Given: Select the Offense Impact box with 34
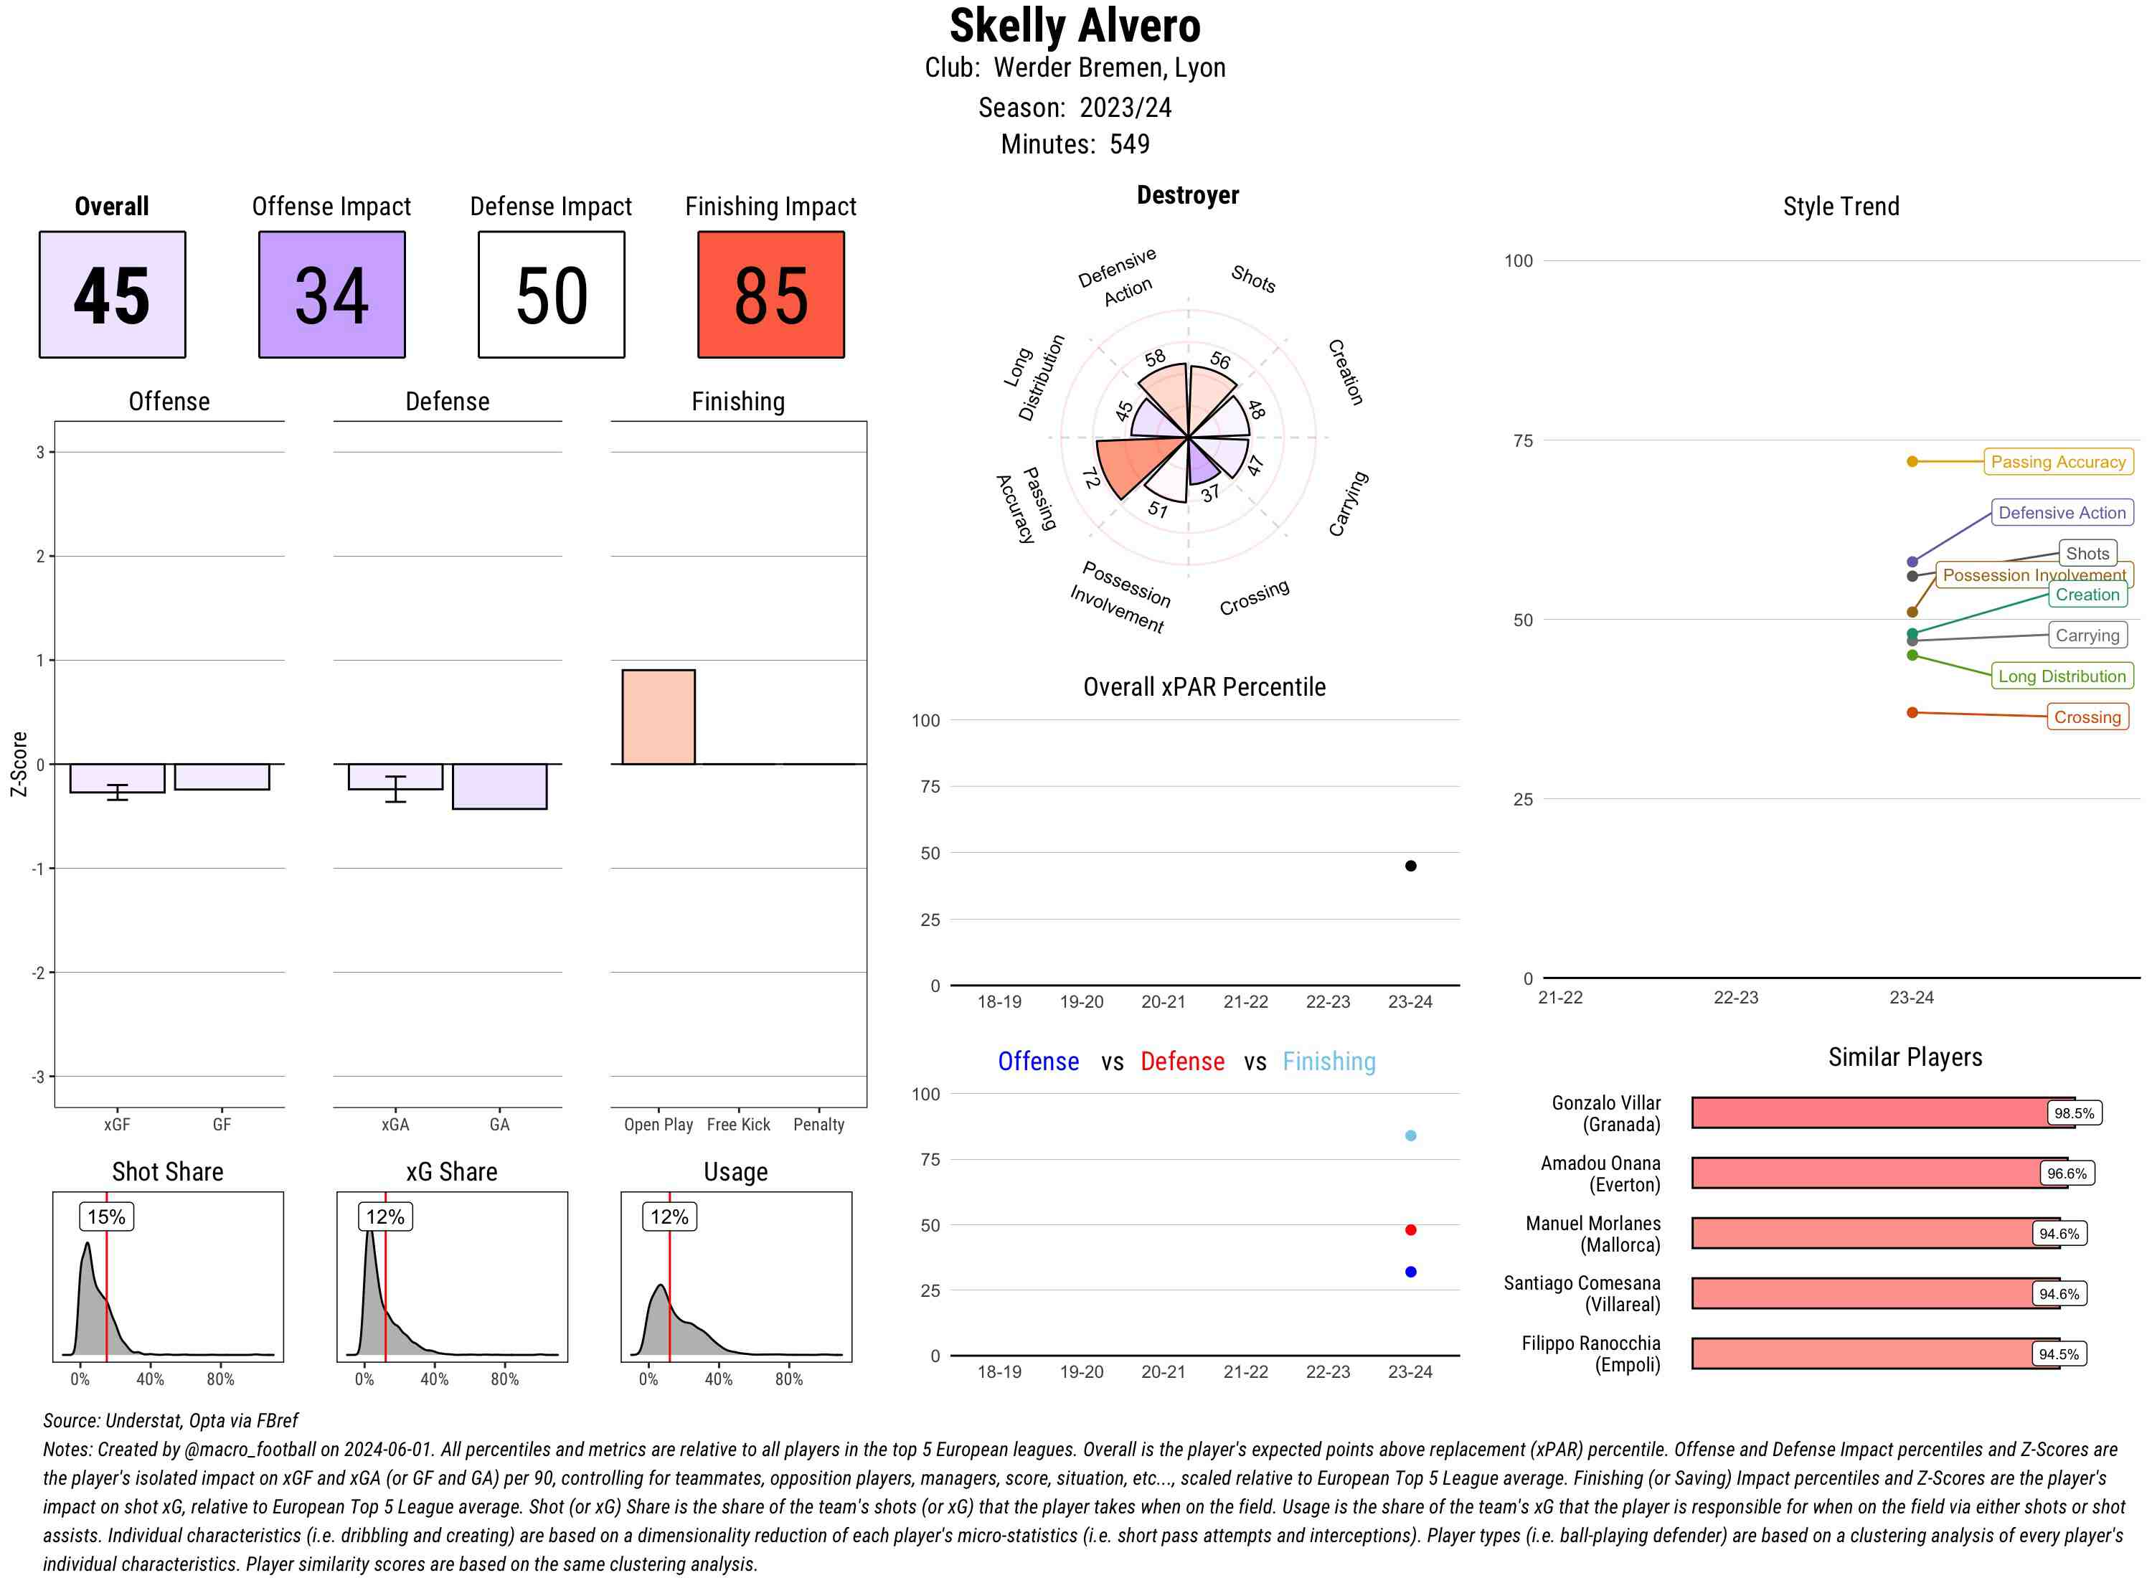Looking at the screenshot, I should pos(331,294).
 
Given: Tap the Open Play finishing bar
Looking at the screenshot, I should pos(658,717).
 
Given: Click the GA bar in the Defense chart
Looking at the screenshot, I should pos(499,786).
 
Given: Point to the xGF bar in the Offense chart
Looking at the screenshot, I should pos(116,778).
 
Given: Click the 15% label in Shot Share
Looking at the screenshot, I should pos(106,1216).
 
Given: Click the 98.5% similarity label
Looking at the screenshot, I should pos(2074,1112).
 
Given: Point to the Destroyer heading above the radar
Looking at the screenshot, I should pos(1187,196).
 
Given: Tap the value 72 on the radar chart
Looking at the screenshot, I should pos(1090,478).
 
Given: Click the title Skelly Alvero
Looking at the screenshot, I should pos(1075,26).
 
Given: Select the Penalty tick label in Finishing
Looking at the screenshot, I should pos(818,1124).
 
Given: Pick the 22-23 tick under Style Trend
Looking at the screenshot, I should pos(1735,997).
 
